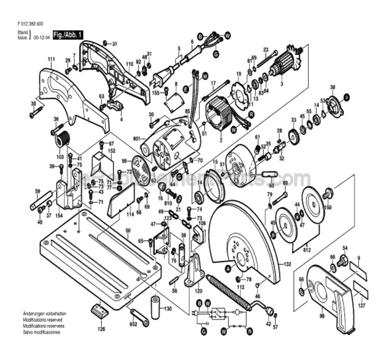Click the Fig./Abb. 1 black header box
click(68, 35)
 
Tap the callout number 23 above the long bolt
click(266, 50)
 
